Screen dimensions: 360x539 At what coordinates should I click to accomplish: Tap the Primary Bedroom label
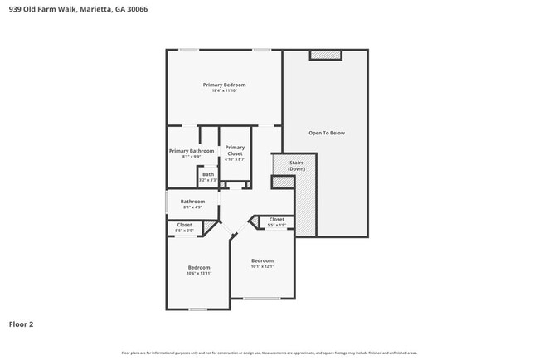225,85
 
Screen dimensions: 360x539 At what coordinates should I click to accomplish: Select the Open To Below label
326,133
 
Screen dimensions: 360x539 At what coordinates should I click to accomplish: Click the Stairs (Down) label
296,165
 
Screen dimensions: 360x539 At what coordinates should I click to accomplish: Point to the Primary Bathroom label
192,151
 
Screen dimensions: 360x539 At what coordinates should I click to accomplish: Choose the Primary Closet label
235,150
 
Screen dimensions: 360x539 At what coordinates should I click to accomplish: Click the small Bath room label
207,174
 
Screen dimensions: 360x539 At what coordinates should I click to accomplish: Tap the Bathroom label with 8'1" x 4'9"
193,201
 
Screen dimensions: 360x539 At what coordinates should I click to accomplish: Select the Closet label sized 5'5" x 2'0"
184,225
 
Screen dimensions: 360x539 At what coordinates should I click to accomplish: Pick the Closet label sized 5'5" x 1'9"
276,220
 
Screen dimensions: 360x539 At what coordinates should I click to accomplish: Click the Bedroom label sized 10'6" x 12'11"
198,267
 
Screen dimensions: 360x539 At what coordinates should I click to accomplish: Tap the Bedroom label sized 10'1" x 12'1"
262,260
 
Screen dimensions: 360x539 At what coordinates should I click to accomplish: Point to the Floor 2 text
22,324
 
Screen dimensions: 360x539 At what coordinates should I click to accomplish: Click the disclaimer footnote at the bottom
269,353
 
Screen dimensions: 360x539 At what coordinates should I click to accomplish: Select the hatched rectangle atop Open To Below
325,55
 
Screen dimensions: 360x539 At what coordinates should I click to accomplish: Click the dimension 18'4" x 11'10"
225,91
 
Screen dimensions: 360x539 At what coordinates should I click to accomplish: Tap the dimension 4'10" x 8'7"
235,158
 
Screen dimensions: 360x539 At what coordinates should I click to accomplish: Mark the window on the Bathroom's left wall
168,202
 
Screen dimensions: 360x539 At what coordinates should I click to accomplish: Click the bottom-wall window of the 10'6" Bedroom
197,309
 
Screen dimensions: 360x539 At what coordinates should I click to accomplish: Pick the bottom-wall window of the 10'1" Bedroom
261,298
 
